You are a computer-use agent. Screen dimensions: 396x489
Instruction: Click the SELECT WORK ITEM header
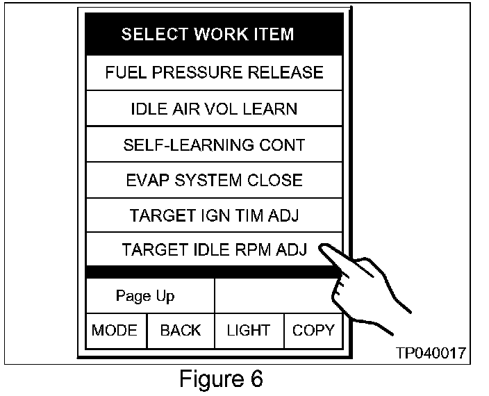click(208, 34)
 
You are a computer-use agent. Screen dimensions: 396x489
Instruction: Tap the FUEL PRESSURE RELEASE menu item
click(214, 72)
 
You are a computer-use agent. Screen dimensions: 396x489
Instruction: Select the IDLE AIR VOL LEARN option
click(214, 109)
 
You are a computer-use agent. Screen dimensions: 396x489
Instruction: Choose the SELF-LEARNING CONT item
click(214, 145)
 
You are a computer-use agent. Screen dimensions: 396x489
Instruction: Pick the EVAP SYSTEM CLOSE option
click(214, 181)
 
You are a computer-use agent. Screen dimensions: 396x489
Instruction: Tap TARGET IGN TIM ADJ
click(214, 216)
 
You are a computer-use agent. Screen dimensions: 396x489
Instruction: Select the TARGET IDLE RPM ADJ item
click(214, 249)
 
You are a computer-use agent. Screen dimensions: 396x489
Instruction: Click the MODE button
click(115, 331)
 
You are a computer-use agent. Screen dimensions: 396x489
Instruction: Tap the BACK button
click(180, 331)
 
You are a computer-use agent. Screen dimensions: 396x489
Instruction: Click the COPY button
click(313, 331)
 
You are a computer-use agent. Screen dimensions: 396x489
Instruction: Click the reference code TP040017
click(431, 353)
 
